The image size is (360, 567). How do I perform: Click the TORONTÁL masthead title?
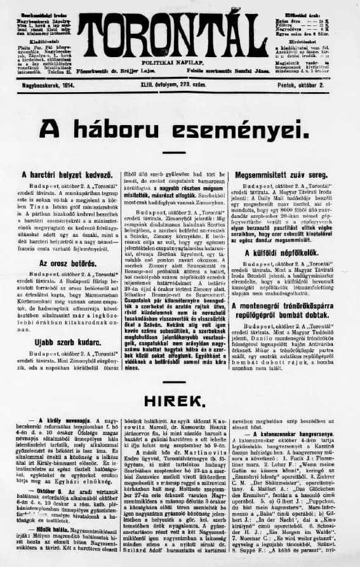[x=179, y=33]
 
